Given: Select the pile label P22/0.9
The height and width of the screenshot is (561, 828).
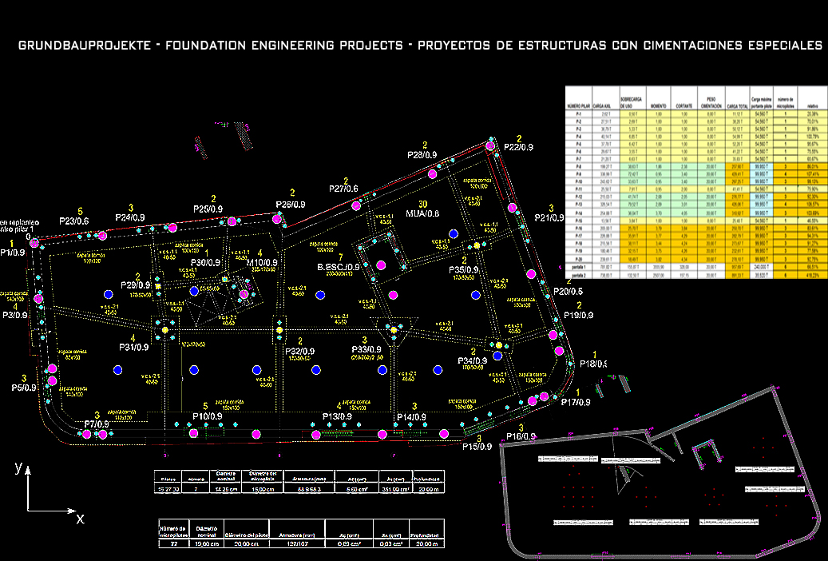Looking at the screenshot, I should coord(519,148).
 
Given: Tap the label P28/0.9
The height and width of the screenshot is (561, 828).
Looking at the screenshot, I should coord(422,155).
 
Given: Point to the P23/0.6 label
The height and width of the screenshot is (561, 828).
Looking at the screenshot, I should coord(73,221).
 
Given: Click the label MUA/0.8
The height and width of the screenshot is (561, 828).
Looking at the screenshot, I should coord(422,213).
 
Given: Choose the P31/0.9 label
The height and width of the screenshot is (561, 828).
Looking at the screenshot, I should coord(134,347).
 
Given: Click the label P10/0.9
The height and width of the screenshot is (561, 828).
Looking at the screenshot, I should coord(207,416).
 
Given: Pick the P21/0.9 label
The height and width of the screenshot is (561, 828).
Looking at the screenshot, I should coord(551,217).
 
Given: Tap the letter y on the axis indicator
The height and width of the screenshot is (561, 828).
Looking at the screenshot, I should coord(18,468).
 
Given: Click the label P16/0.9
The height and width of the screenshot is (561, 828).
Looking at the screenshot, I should coord(522,436).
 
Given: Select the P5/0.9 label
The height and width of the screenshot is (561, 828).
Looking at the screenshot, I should coord(26,388).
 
